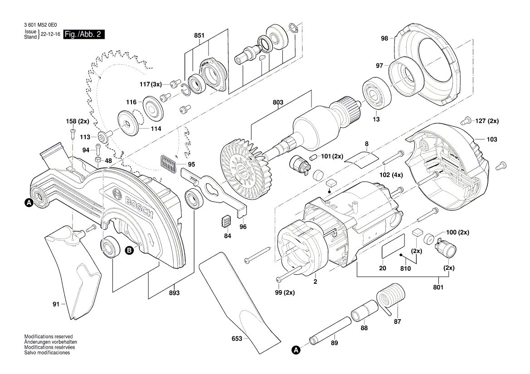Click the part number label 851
[199, 35]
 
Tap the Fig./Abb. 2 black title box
[84, 35]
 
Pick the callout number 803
[277, 103]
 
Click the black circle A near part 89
[296, 350]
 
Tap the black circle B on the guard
[129, 249]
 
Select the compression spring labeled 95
[167, 163]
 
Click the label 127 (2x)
[487, 121]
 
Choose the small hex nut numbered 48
[97, 160]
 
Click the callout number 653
[237, 338]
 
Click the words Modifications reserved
[48, 337]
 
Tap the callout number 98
[384, 38]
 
